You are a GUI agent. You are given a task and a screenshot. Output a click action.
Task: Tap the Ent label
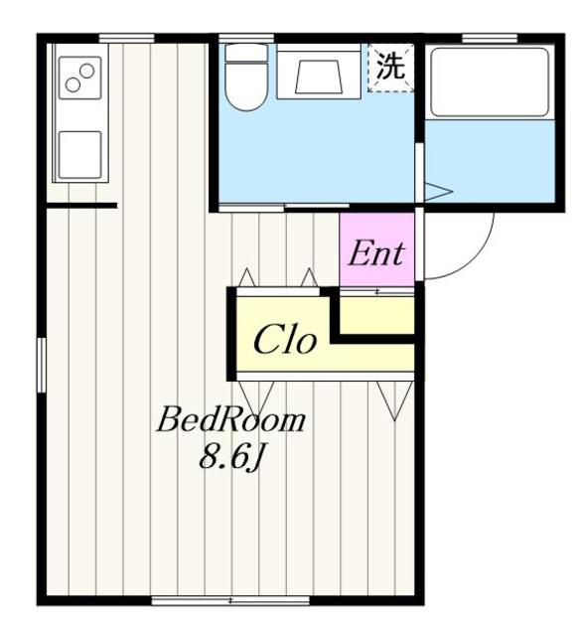[x=375, y=252]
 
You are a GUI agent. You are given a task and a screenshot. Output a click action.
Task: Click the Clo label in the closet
[x=285, y=341]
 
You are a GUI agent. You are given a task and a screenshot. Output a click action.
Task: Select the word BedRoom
[x=230, y=420]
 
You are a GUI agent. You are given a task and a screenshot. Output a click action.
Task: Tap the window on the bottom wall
[x=204, y=600]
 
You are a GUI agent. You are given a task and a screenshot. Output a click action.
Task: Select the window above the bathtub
[x=489, y=39]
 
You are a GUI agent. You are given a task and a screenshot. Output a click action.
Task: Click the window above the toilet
[x=233, y=39]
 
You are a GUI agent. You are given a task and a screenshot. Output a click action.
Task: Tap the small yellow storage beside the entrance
[x=376, y=314]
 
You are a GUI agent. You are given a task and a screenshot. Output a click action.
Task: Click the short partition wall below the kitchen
[x=81, y=206]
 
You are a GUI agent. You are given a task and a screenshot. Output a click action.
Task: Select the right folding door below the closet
[x=392, y=395]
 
